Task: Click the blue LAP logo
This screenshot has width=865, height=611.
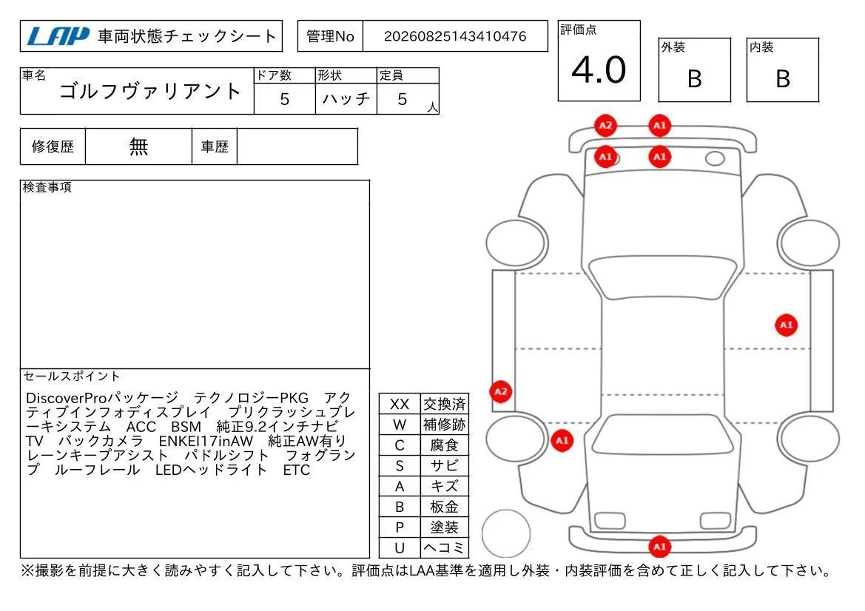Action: point(58,36)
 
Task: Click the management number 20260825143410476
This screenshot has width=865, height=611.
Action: point(455,36)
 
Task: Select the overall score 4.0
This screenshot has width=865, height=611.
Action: point(599,70)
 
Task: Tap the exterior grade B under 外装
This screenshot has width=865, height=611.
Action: point(695,79)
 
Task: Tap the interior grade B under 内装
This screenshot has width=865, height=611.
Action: point(783,79)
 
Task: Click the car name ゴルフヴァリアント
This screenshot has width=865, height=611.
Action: point(149,91)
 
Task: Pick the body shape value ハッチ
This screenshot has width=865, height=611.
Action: point(346,98)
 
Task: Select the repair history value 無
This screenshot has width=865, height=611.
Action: point(138,146)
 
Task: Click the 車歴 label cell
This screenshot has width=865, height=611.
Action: point(215,146)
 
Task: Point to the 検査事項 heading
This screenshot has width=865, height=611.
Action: point(47,187)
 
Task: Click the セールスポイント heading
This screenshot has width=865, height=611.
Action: point(71,376)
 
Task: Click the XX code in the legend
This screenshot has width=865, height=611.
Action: point(400,404)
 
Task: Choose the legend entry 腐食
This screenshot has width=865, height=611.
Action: point(444,445)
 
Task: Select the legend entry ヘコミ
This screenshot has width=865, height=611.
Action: point(444,547)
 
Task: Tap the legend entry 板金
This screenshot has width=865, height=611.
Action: point(444,506)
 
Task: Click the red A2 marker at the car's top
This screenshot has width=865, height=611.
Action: point(605,126)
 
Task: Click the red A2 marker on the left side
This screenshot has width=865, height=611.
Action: point(500,391)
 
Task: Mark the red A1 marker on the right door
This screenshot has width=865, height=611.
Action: point(786,325)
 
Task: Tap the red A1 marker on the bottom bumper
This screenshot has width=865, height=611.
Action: point(660,547)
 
